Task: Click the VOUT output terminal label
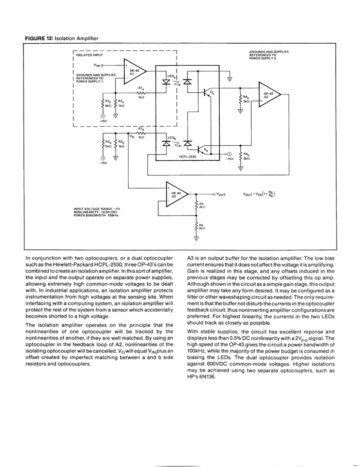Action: (x=220, y=194)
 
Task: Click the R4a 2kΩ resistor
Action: (x=240, y=99)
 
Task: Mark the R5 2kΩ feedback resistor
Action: (x=196, y=204)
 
